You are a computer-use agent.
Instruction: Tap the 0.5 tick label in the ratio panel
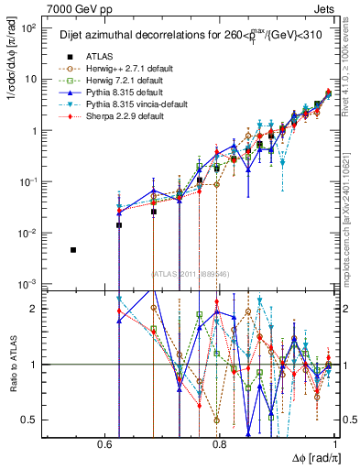click(x=34, y=420)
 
